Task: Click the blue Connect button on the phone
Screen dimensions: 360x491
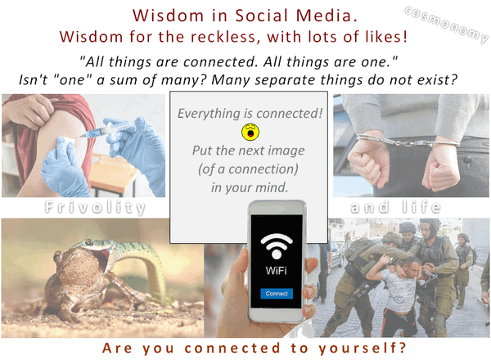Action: tap(276, 292)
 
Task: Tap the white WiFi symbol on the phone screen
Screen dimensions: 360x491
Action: tap(276, 245)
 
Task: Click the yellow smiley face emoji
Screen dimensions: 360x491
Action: tap(250, 130)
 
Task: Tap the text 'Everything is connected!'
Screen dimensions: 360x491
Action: tap(250, 111)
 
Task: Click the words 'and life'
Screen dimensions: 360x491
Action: tap(396, 208)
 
